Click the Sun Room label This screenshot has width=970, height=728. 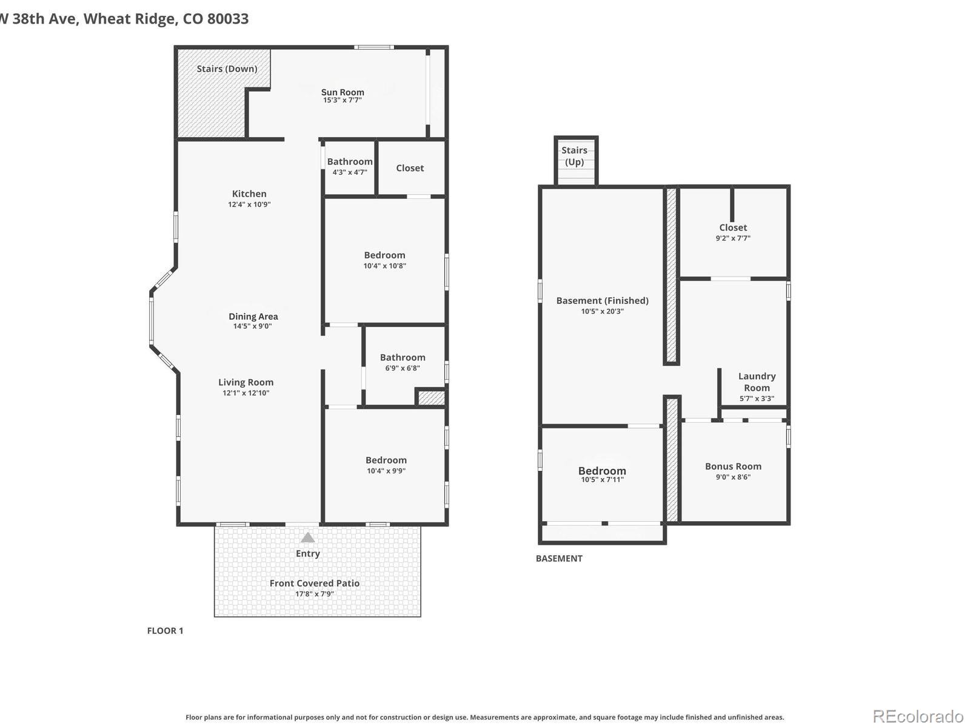[343, 92]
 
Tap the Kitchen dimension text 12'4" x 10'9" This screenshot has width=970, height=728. [249, 204]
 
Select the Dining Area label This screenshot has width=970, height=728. [253, 316]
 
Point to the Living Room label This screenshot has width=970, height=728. [246, 382]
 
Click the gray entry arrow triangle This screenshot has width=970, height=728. [308, 538]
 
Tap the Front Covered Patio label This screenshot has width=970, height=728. [314, 583]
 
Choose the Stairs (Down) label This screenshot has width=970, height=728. [227, 69]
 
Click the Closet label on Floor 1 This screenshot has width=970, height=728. [410, 168]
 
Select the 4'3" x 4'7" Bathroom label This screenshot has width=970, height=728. [350, 161]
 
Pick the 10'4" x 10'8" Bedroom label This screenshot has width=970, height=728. [384, 255]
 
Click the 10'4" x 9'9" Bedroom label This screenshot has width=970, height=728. [386, 460]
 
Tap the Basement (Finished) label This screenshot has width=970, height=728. [602, 300]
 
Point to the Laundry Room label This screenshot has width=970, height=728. [757, 382]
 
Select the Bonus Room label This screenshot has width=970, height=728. [733, 467]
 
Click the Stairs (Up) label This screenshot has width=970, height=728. [574, 156]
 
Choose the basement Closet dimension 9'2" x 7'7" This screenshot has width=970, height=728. [733, 238]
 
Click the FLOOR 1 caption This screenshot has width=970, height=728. [165, 631]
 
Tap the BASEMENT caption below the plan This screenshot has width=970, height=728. [559, 559]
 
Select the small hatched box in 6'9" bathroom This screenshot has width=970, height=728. [431, 398]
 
